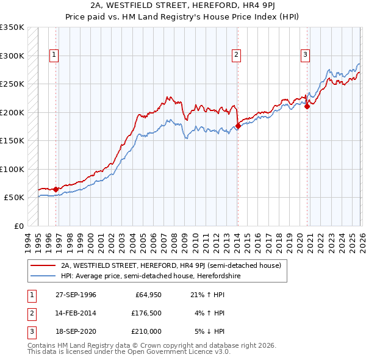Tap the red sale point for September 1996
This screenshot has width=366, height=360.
tap(56, 189)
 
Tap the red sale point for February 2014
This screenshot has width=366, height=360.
tap(238, 126)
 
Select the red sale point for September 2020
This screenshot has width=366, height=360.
tap(307, 107)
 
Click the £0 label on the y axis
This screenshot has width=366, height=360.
tap(18, 226)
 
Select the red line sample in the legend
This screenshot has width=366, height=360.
tap(43, 265)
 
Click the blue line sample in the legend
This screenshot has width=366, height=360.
tap(43, 276)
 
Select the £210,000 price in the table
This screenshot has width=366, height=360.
tap(148, 331)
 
